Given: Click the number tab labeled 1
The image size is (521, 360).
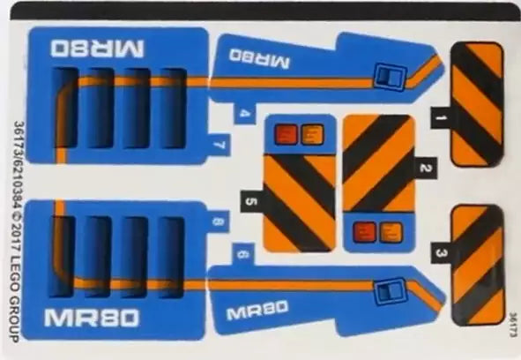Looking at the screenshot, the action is tap(441, 117).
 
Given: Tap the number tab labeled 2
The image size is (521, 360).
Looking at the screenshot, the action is tap(424, 168).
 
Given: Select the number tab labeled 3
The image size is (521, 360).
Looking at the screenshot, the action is tap(442, 253).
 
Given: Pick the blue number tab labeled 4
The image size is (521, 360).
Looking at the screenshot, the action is tap(244, 114).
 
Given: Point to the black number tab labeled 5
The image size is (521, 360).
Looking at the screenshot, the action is tap(252, 202).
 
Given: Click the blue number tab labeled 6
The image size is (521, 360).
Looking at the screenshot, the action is tap(243, 254).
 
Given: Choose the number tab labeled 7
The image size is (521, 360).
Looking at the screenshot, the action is tap(219, 145).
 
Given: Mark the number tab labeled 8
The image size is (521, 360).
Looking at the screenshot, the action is tap(218, 221).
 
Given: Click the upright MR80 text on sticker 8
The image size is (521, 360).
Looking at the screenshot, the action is tap(92, 318).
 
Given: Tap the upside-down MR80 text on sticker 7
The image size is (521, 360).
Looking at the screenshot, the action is tap(97, 49).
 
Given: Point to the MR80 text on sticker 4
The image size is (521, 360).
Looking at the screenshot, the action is tap(259, 59).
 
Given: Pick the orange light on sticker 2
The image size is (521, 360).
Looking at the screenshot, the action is tap(391, 232).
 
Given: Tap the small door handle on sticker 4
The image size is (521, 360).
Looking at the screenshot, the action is tap(391, 76).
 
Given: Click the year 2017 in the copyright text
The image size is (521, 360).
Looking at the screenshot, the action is tap(15, 235).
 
